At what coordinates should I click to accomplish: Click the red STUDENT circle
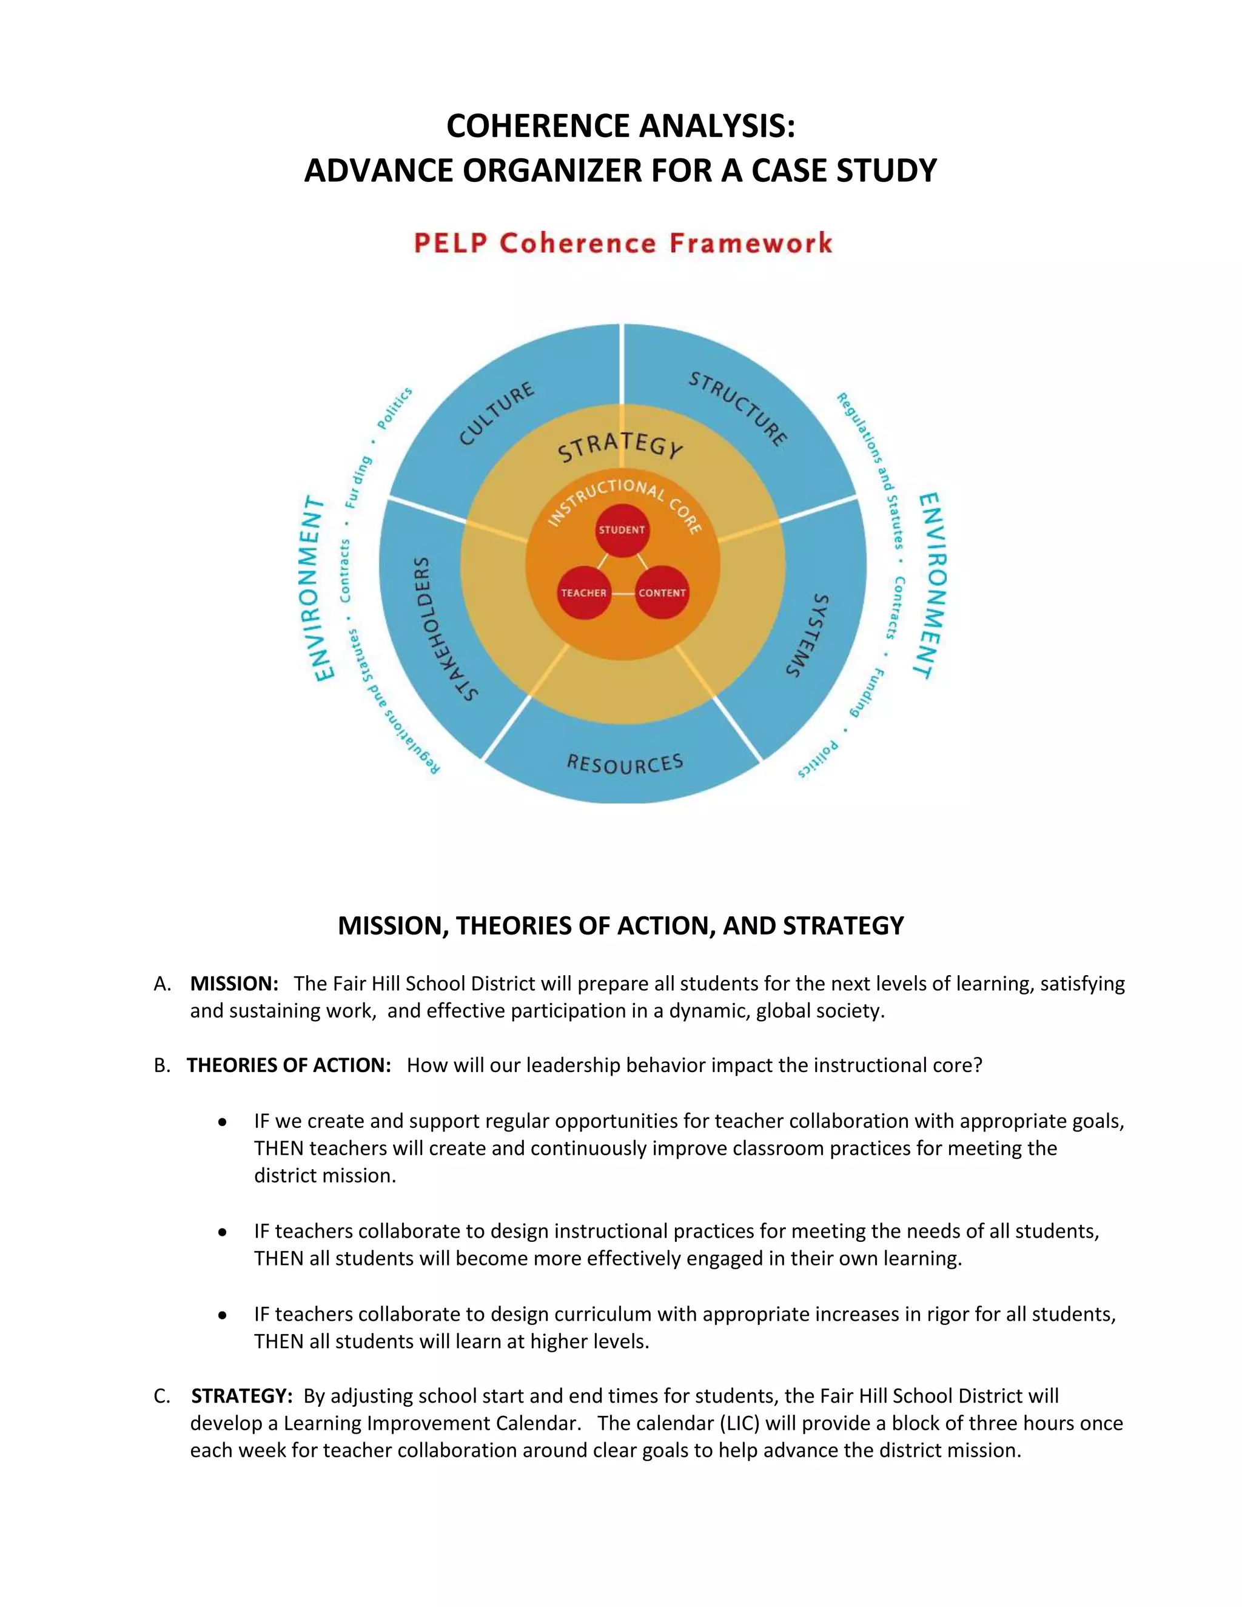(x=622, y=530)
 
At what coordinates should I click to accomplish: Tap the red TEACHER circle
(x=583, y=592)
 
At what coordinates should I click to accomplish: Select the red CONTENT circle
(x=662, y=592)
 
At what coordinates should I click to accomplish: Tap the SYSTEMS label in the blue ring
(x=807, y=635)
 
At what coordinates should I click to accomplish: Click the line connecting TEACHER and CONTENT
(x=622, y=593)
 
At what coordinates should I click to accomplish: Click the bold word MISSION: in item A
(x=234, y=984)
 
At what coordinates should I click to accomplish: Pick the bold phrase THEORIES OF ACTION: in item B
(x=289, y=1065)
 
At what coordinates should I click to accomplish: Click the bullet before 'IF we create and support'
(x=222, y=1122)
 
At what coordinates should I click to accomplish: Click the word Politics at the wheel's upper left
(x=394, y=408)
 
